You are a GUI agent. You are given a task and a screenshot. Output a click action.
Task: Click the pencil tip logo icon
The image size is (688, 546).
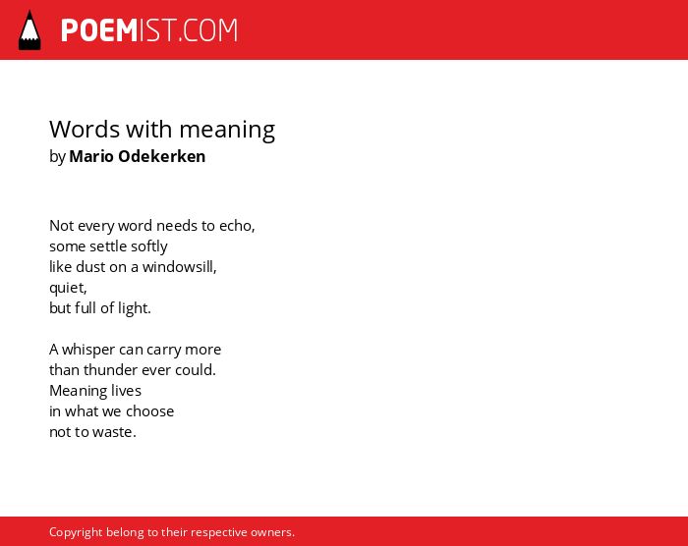click(x=29, y=29)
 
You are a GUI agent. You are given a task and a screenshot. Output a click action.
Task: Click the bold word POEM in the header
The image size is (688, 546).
click(x=99, y=30)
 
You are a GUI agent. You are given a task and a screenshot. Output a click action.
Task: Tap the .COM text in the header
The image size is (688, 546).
click(x=208, y=30)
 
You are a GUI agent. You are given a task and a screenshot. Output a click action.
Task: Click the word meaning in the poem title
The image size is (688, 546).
click(x=227, y=131)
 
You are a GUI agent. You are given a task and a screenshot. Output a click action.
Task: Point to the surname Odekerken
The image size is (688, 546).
click(x=162, y=156)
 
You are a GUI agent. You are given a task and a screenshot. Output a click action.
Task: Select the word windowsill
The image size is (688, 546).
click(x=180, y=267)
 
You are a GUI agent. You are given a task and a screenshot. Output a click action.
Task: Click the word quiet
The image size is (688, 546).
click(x=68, y=288)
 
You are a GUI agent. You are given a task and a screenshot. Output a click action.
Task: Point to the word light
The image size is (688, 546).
click(x=135, y=308)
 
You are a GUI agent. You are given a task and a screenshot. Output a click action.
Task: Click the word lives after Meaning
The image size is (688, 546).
click(x=126, y=390)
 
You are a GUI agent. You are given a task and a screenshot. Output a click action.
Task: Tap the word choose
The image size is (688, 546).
click(x=150, y=411)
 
